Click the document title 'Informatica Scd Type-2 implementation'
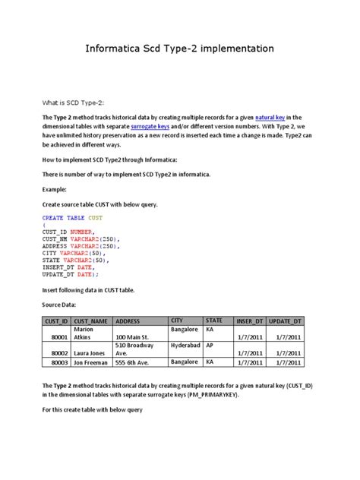pyautogui.click(x=180, y=49)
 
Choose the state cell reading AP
pyautogui.click(x=211, y=345)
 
